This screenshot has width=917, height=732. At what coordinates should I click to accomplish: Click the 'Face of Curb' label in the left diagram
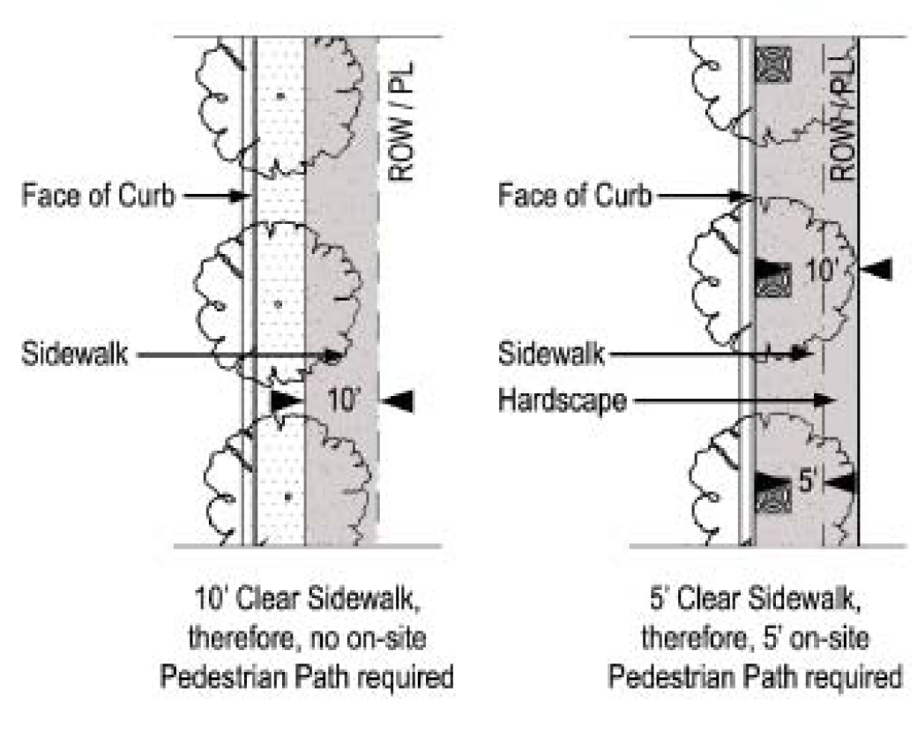98,195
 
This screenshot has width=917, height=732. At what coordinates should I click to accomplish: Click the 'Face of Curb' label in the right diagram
574,195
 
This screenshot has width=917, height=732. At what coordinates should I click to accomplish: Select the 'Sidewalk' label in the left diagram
76,355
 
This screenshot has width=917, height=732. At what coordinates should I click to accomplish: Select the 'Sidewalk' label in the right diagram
551,355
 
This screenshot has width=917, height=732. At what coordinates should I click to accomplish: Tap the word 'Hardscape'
563,401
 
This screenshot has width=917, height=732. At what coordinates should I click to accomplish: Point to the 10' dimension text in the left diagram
344,400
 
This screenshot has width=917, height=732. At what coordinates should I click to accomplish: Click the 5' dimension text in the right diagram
810,482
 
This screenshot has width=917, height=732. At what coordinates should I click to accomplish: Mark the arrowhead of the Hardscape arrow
826,401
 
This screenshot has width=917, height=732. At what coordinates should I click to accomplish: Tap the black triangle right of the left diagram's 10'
399,401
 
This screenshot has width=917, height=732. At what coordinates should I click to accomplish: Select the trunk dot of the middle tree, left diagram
278,305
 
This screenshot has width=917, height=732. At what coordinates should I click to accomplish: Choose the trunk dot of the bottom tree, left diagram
287,497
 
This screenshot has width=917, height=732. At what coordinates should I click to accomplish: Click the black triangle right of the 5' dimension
843,482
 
